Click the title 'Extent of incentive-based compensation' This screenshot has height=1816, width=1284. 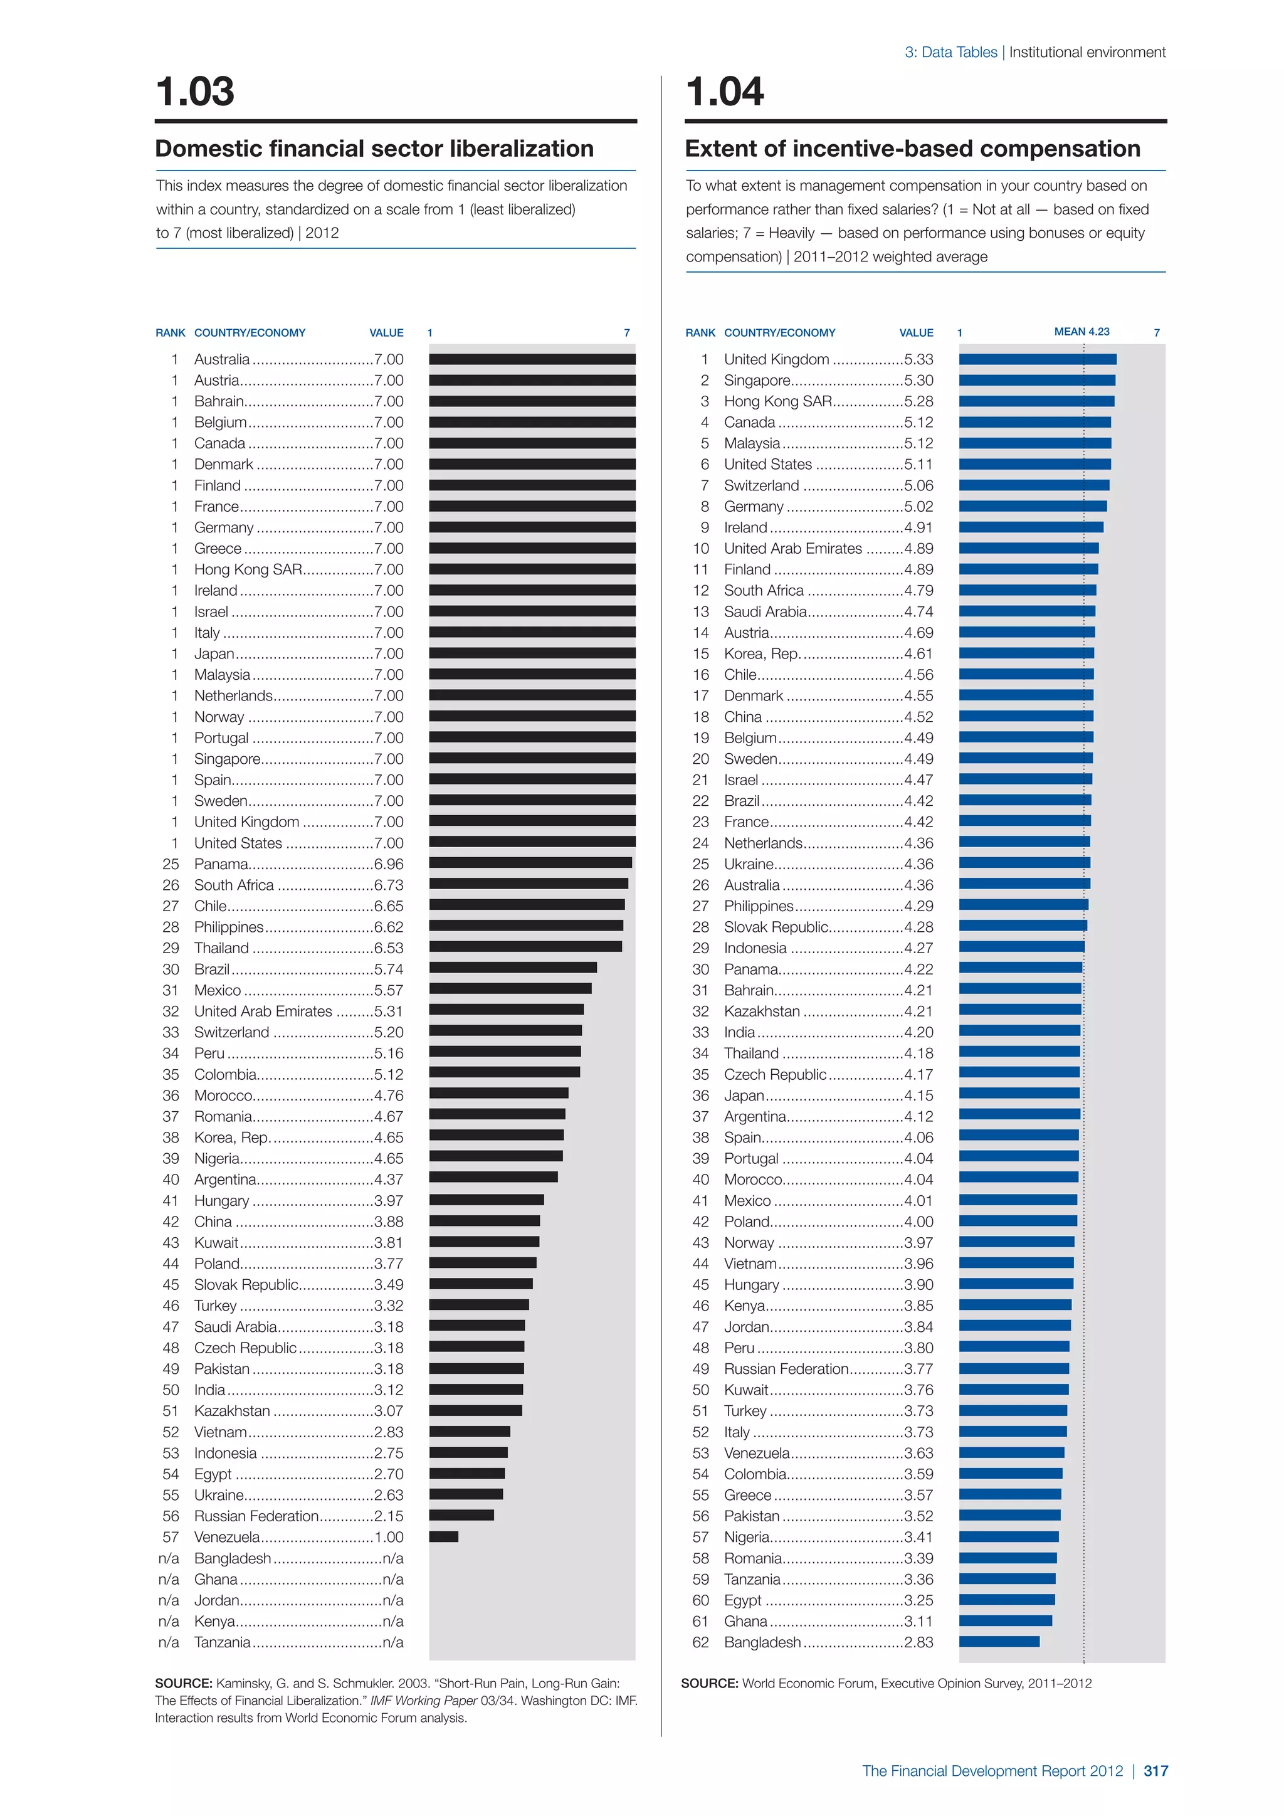point(912,149)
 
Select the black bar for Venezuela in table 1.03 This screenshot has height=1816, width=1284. point(443,1537)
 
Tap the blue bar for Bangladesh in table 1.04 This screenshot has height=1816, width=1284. point(999,1642)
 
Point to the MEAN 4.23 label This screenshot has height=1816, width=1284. point(1081,331)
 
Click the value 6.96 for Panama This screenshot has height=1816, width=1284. point(388,863)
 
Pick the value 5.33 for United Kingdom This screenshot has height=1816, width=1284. point(918,359)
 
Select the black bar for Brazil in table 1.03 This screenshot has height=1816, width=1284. point(512,968)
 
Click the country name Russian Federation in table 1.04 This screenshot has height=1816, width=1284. point(786,1368)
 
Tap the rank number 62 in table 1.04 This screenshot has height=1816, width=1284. point(700,1642)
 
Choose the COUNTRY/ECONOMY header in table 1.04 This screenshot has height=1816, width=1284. point(779,333)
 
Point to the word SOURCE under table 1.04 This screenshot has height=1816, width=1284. point(709,1683)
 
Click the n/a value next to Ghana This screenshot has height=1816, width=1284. point(393,1579)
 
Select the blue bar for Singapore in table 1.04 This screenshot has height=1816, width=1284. point(1036,381)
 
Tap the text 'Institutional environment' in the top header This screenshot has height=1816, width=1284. point(1087,52)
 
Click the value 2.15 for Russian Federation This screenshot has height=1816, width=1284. point(388,1516)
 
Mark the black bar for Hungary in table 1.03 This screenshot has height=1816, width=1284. point(487,1200)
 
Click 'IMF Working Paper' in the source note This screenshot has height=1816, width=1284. point(424,1701)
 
